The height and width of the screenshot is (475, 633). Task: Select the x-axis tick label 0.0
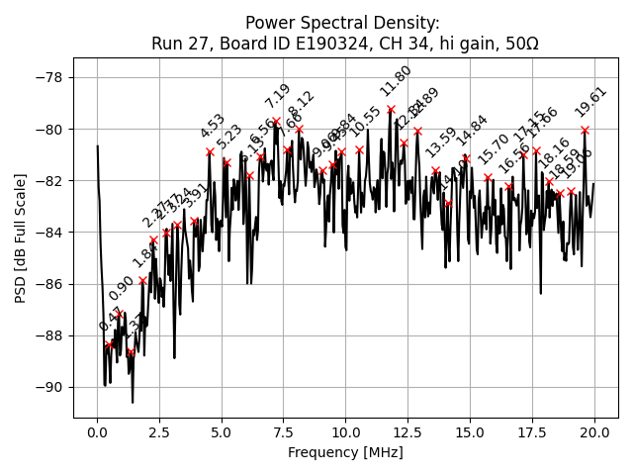(x=97, y=433)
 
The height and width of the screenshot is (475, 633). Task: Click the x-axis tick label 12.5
(x=407, y=433)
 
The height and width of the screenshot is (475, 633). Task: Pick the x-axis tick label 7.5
(x=283, y=433)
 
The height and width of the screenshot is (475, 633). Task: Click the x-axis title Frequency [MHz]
(x=345, y=452)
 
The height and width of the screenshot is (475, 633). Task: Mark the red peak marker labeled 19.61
(x=585, y=130)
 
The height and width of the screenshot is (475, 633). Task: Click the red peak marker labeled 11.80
(x=391, y=110)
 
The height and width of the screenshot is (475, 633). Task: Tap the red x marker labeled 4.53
(x=210, y=151)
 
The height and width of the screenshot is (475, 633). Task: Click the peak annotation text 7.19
(x=278, y=96)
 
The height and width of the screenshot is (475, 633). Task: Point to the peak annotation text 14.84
(x=473, y=131)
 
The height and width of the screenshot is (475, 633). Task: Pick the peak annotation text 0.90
(x=122, y=288)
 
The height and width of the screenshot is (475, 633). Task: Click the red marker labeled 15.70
(x=488, y=178)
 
